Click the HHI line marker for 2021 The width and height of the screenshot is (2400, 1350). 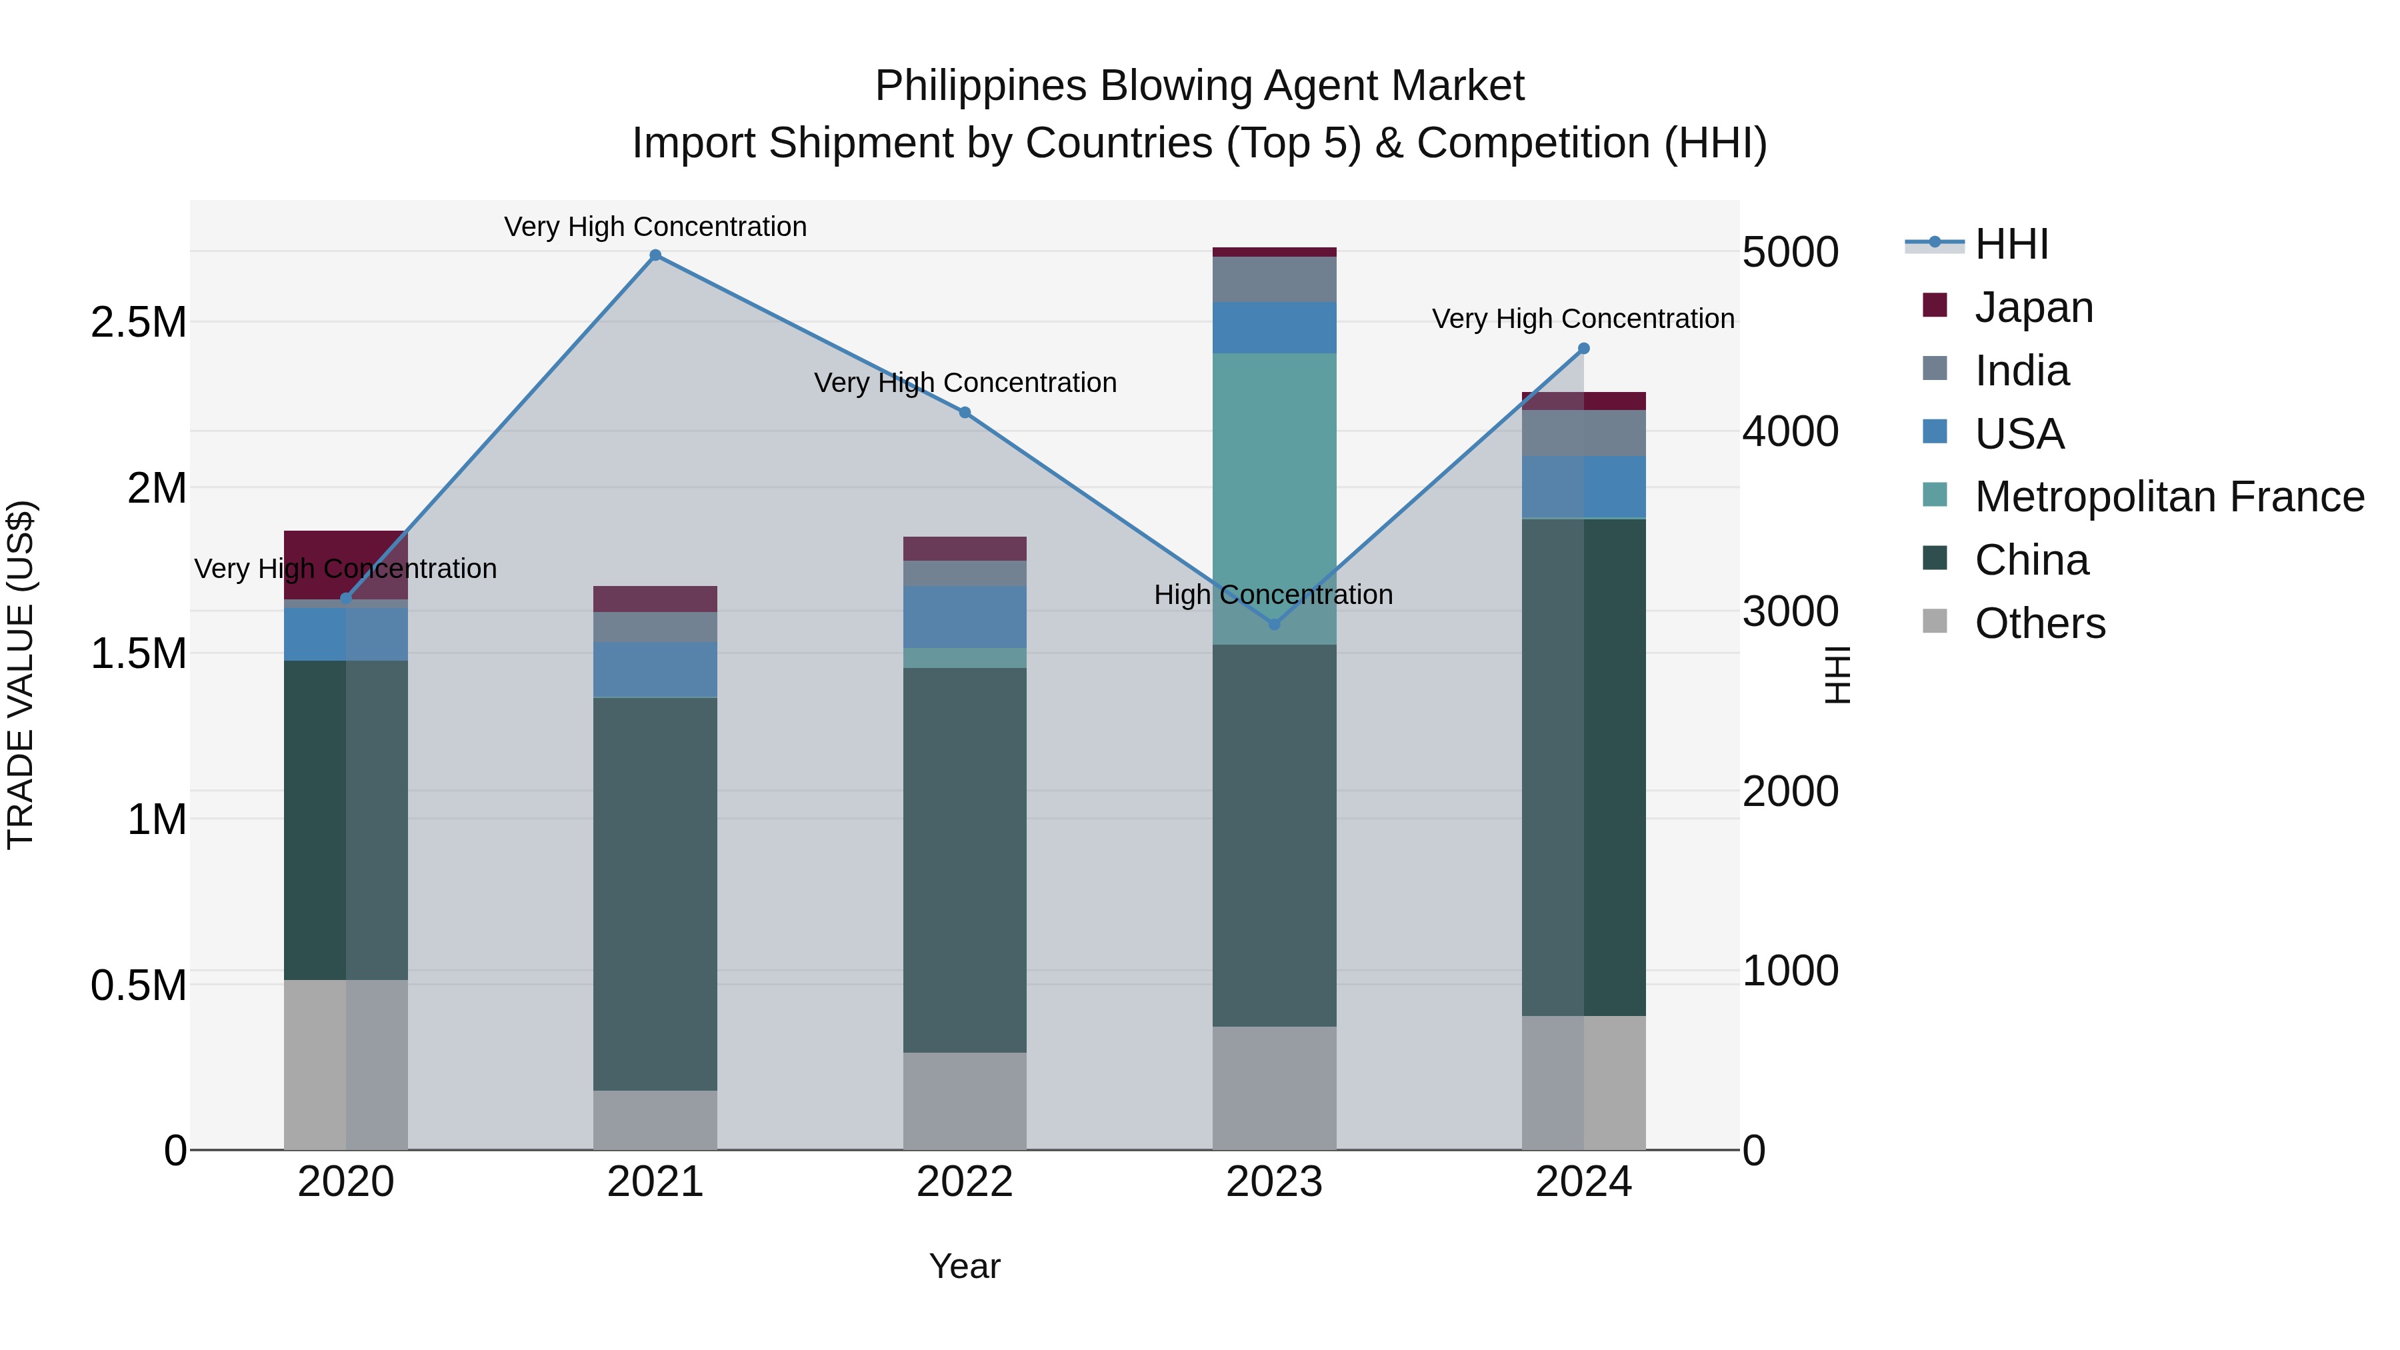pos(655,255)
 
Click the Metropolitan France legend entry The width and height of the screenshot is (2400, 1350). pos(2169,497)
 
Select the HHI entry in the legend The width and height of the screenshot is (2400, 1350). pos(2011,244)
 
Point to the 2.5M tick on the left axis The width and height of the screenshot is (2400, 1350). pos(138,323)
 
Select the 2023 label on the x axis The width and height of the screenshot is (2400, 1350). pos(1273,1182)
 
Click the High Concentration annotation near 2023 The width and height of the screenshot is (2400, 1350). pos(1273,595)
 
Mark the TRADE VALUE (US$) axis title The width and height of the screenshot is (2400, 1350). pos(21,675)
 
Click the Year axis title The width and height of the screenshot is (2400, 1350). pos(964,1266)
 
